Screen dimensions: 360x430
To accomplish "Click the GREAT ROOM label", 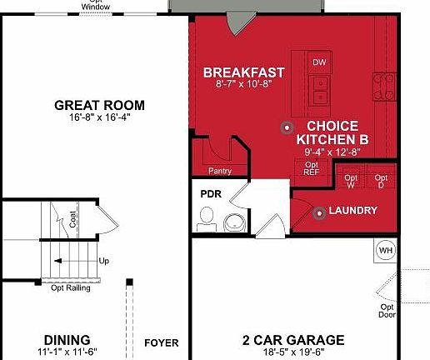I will click(99, 105).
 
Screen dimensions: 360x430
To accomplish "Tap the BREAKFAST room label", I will click(244, 72).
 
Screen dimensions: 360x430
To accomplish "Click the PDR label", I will click(209, 193).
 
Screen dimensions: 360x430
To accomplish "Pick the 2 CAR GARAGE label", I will click(292, 340).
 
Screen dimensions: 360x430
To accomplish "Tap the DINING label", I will click(67, 340).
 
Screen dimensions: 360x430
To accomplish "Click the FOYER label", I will click(162, 342).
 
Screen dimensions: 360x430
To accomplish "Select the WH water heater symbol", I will click(385, 250).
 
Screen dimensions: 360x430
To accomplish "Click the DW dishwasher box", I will click(319, 63).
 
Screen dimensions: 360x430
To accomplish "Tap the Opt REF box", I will click(312, 168).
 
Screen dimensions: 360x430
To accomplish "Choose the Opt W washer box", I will click(352, 181).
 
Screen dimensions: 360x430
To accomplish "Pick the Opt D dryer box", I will click(381, 181).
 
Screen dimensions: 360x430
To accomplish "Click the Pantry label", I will click(220, 172).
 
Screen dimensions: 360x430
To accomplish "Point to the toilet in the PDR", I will click(205, 220).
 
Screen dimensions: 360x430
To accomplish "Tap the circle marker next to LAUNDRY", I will click(320, 212).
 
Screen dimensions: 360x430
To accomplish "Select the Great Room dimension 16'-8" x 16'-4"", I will click(99, 117).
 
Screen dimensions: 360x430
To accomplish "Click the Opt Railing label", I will click(71, 288).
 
